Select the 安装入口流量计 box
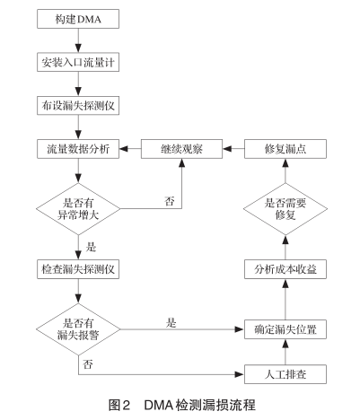79,64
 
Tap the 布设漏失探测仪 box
79,107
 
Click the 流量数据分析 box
79,150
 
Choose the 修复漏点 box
284,150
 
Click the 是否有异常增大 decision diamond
79,209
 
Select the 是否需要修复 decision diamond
284,209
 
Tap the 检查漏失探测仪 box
79,268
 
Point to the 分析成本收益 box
284,268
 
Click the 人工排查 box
284,371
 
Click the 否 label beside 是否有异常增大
168,199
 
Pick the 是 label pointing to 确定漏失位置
170,320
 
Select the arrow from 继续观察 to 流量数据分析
131,150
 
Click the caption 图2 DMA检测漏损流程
180,405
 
